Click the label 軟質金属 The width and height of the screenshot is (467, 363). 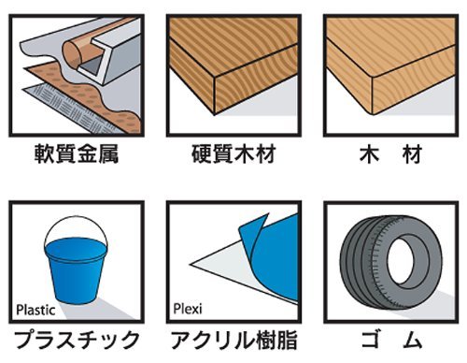77,153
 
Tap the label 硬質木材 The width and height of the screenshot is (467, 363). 233,153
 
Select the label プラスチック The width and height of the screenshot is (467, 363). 77,340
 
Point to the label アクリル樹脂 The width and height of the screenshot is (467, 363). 233,340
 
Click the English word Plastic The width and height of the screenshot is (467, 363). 35,310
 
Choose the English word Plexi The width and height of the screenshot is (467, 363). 188,309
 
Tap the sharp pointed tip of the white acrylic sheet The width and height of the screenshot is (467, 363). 191,265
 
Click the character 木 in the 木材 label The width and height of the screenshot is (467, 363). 369,153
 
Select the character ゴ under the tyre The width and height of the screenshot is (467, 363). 371,340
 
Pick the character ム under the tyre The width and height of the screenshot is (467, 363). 412,340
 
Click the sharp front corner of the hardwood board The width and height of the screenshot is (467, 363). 215,114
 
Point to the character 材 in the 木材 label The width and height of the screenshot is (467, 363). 412,153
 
